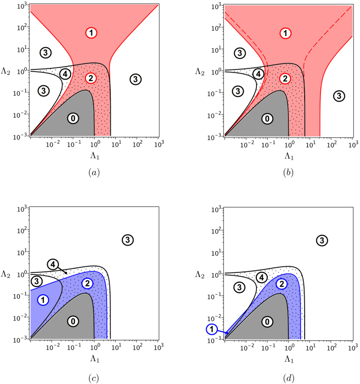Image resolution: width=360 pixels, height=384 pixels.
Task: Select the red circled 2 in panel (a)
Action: (x=90, y=78)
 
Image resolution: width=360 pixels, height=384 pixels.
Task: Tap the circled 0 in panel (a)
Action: (x=73, y=118)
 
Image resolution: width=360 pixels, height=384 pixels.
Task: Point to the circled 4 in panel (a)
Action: (x=64, y=74)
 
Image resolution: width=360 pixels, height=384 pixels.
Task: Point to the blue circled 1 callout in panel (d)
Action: (x=212, y=329)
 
